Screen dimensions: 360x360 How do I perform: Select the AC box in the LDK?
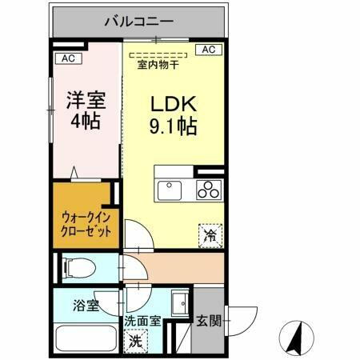point(208,50)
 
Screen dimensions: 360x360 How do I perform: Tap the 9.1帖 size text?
point(170,127)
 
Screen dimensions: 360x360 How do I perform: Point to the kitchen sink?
point(170,190)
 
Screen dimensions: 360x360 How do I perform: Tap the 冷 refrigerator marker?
point(209,234)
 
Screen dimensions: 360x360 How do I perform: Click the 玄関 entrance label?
point(206,322)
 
